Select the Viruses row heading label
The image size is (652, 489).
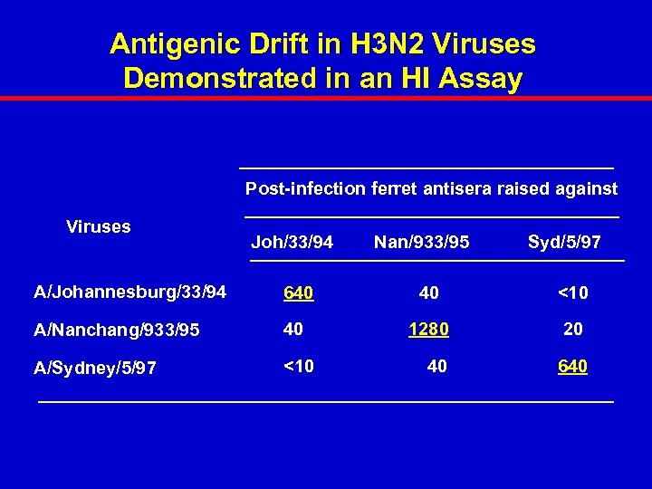99,227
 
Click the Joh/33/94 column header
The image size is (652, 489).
292,243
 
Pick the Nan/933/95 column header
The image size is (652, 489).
421,243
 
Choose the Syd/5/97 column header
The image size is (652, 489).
564,243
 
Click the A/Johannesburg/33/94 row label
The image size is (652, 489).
129,292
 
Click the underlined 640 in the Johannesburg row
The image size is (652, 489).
298,292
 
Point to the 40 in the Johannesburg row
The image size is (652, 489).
429,292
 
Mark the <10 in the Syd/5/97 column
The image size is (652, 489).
571,292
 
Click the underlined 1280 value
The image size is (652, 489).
428,330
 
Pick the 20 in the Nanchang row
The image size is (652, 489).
572,330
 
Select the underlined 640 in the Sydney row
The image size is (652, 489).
572,366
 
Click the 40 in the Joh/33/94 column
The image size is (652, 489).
293,330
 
